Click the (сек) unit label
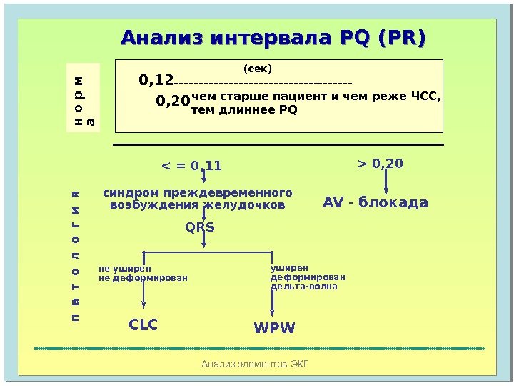258,69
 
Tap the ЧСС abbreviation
426,97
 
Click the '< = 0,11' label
192,167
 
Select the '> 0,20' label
380,164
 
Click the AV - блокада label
376,203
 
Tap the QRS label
200,227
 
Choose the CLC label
143,325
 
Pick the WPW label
274,328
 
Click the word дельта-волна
303,287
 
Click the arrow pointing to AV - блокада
386,184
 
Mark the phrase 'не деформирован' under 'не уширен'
143,277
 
